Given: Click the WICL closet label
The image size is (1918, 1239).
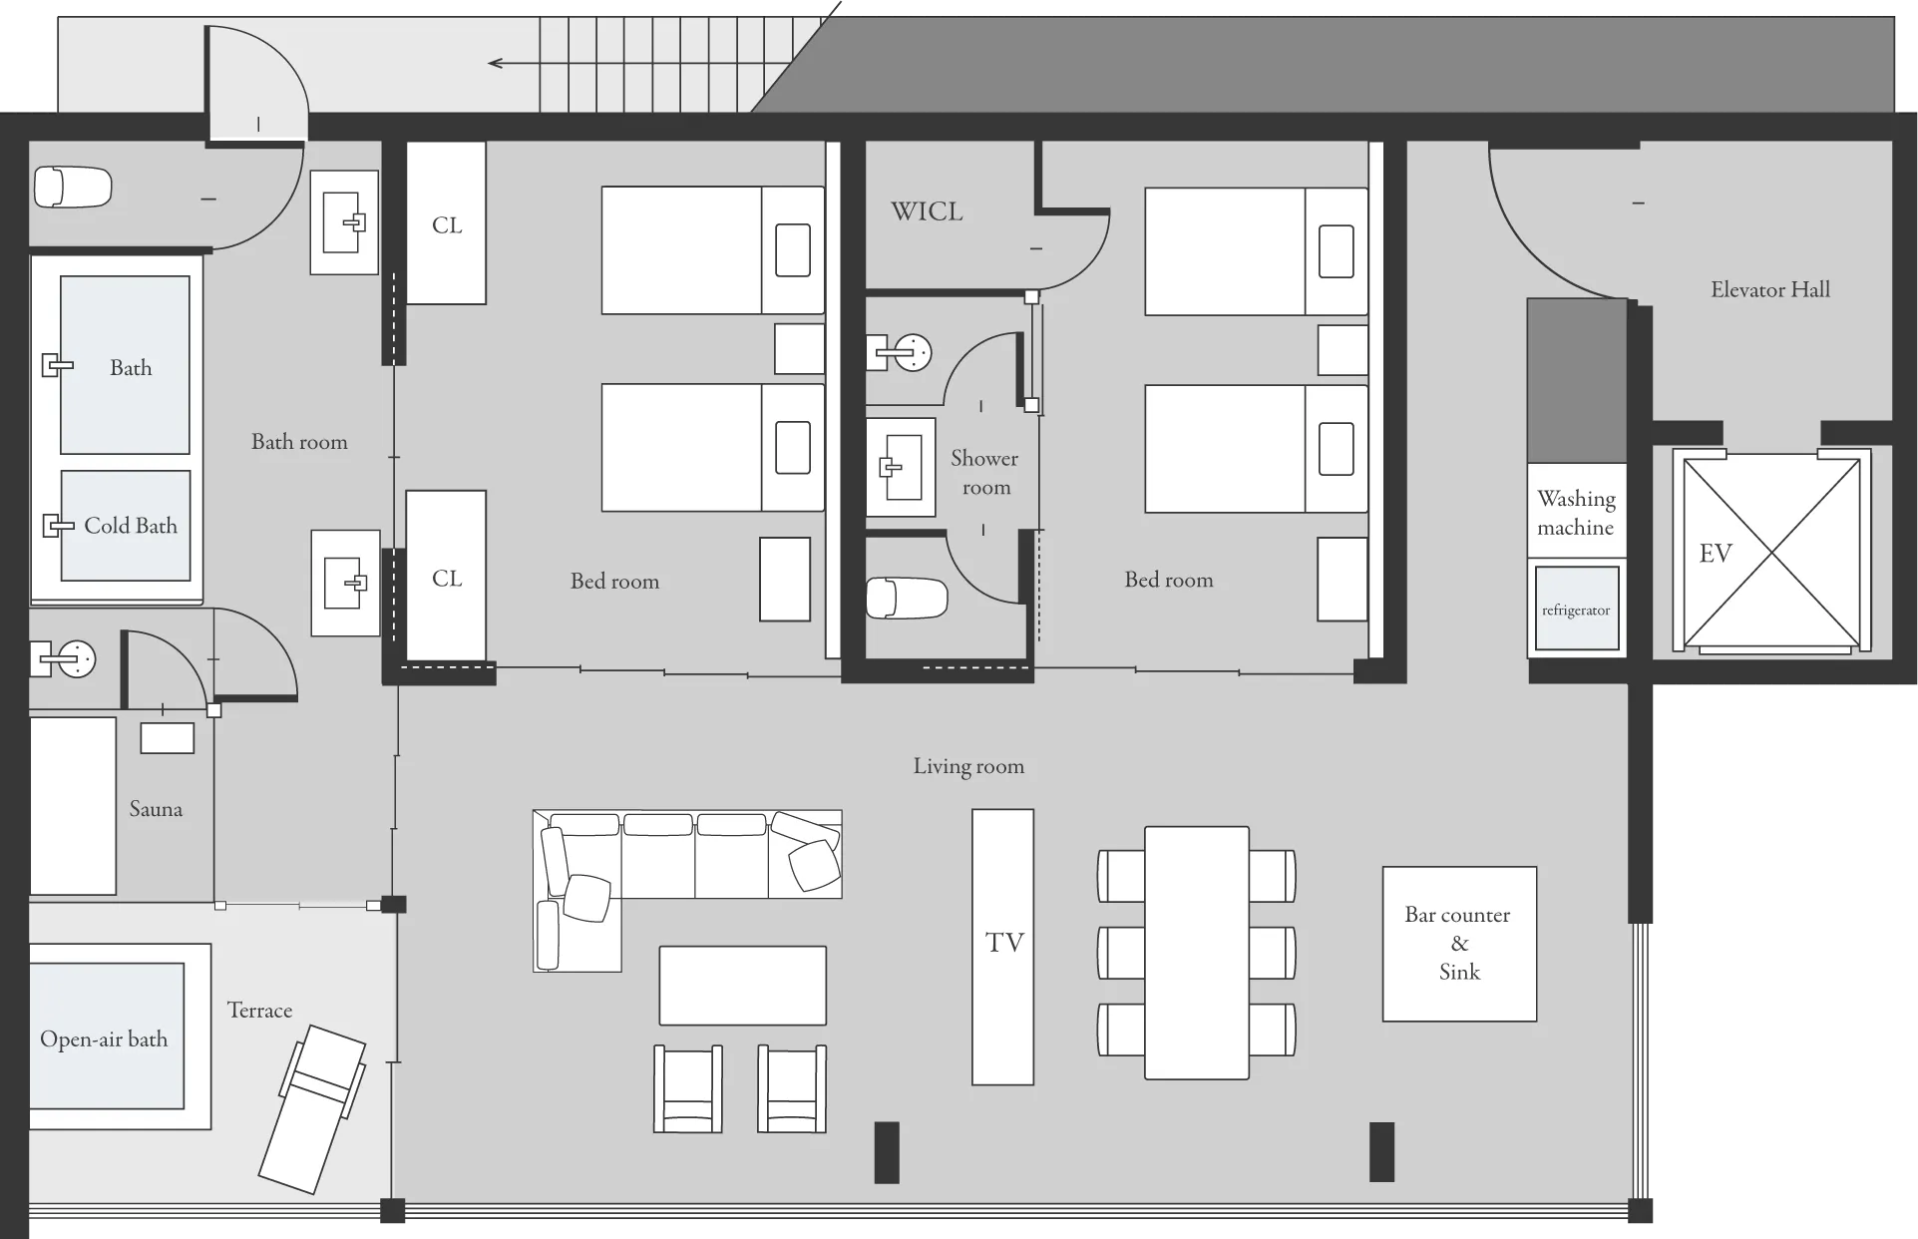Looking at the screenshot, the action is [x=927, y=211].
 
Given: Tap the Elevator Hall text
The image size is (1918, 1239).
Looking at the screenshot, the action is [x=1770, y=290].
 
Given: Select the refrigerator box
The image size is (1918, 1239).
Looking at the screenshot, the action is [x=1576, y=609].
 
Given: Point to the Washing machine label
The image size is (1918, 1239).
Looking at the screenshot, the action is [x=1576, y=513].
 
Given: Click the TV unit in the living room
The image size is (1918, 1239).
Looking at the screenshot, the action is [x=1002, y=947].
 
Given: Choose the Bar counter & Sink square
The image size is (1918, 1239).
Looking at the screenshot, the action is [x=1459, y=944].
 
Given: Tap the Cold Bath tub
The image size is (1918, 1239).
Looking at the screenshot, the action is [x=126, y=526].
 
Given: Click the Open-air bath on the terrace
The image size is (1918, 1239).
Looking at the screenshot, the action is [x=107, y=1036].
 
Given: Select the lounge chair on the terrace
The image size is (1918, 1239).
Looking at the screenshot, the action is [x=312, y=1108].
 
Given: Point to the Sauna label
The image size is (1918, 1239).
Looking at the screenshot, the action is [x=156, y=809].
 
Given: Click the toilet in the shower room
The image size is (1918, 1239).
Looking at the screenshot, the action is [x=906, y=598].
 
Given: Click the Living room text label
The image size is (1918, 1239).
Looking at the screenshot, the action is [x=968, y=766].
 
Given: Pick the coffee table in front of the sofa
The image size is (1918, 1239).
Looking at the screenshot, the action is [x=743, y=986].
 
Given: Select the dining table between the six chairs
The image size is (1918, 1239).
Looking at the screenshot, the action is [x=1197, y=953].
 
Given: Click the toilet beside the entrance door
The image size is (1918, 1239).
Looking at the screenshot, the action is [x=73, y=187].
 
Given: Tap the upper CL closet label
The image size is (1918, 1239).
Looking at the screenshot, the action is [x=447, y=225].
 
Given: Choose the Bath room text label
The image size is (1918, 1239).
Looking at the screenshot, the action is [x=299, y=442].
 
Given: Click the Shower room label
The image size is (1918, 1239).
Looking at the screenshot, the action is [x=985, y=473].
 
